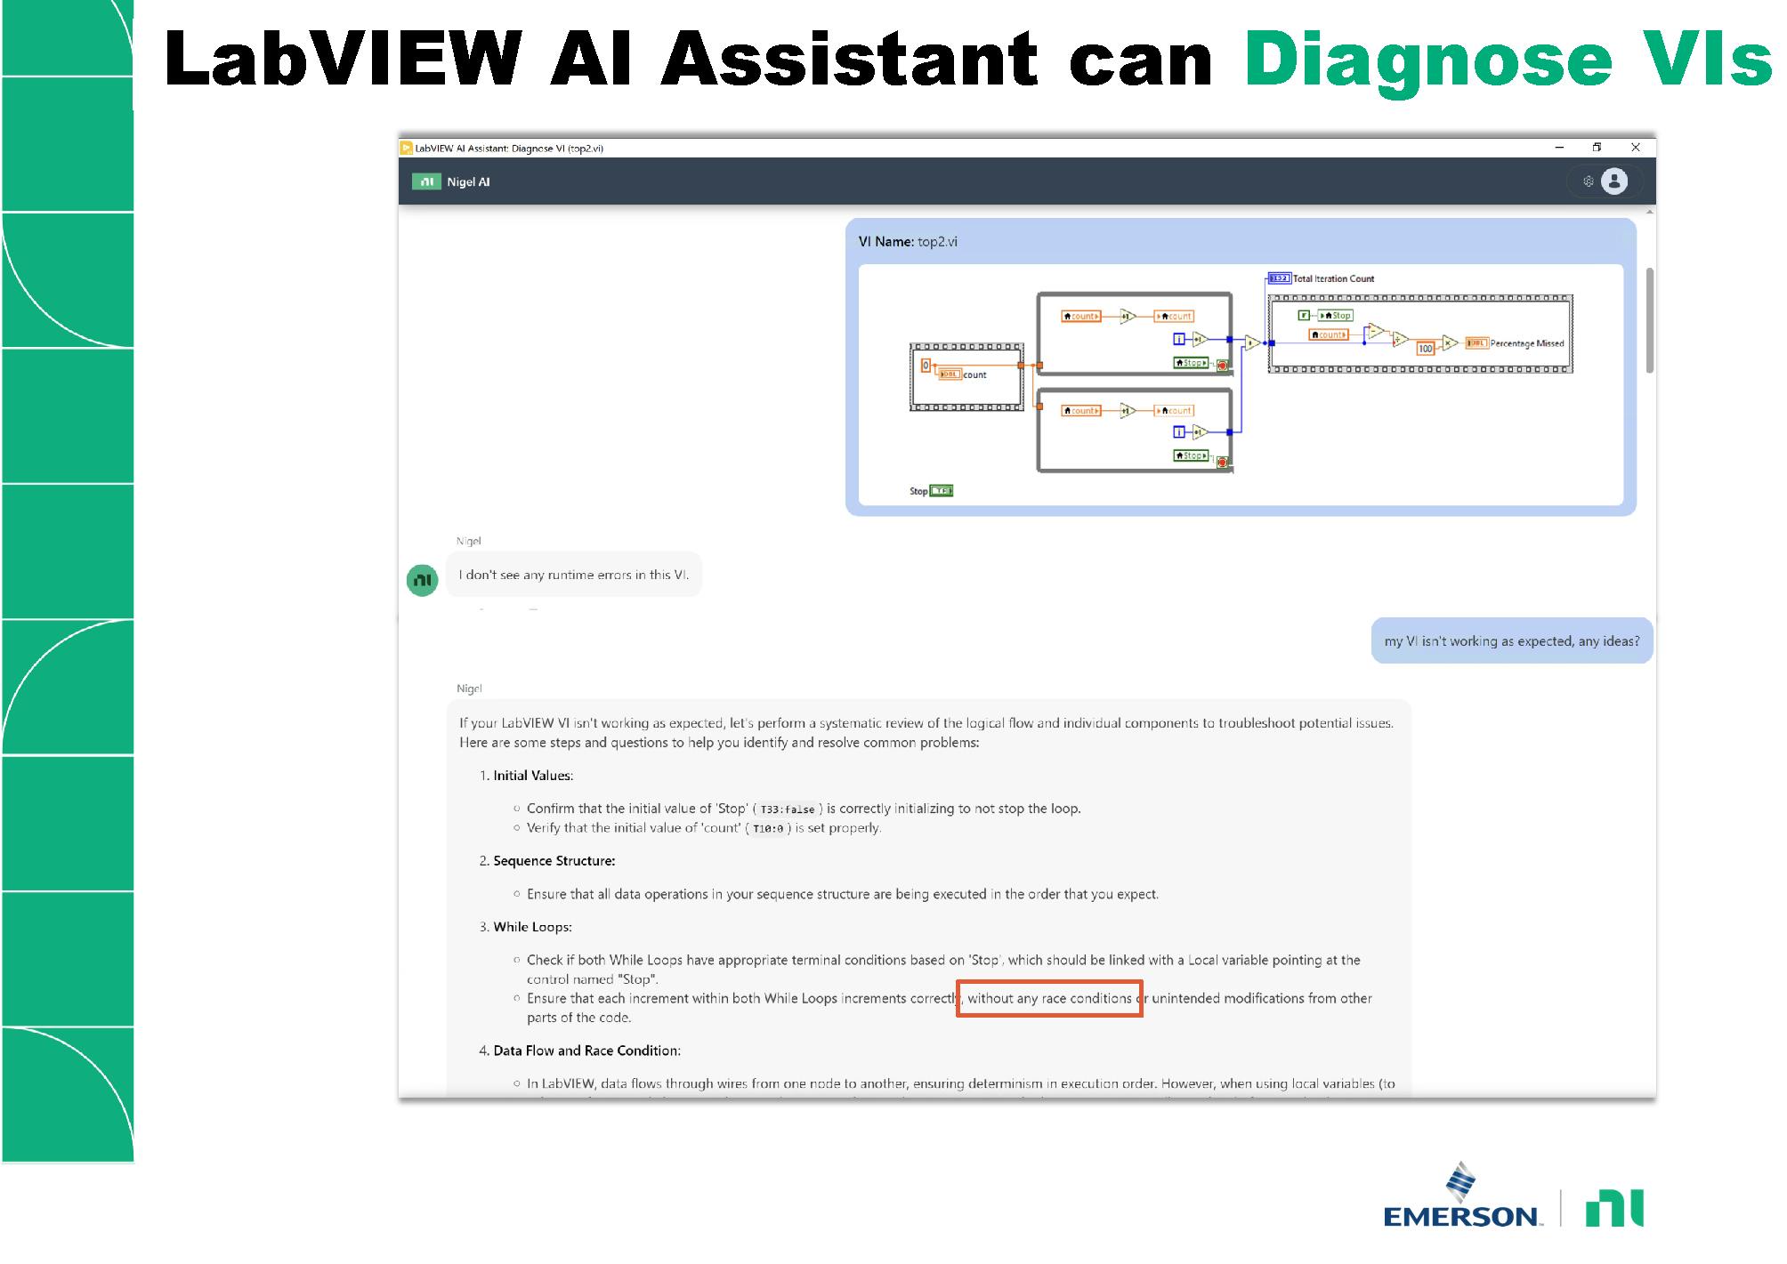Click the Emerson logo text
coord(1461,1215)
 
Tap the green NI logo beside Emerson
coord(1614,1208)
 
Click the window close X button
coord(1635,148)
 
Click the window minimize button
coord(1559,148)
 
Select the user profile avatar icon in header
coord(1613,181)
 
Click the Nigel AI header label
coord(468,182)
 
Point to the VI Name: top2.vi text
coord(908,242)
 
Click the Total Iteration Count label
coord(1332,278)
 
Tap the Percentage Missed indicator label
coord(1526,343)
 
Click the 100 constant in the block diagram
coord(1425,349)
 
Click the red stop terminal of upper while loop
coord(1222,365)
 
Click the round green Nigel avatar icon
coord(423,580)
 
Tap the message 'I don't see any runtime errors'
coord(573,576)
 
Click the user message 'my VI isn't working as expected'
coord(1511,641)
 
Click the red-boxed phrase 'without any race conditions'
coord(1049,999)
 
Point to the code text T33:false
coord(787,809)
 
